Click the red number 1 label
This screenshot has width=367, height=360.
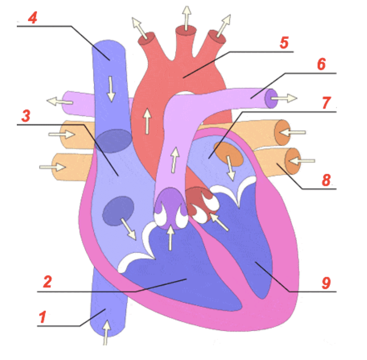coord(42,317)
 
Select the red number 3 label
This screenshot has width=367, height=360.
coord(26,115)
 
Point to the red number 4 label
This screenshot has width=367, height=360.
coord(33,18)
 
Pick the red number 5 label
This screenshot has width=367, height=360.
coord(284,42)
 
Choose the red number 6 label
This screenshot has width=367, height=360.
coord(321,64)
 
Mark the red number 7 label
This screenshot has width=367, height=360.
coord(327,103)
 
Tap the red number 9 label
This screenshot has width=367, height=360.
coord(326,283)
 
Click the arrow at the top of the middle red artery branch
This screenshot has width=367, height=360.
coord(187,18)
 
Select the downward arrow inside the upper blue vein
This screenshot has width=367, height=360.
coord(111,89)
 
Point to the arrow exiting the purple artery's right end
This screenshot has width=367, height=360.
coord(284,98)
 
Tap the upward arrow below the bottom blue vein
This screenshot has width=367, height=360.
coord(107,333)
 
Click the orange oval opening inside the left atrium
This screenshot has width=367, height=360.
coord(229,154)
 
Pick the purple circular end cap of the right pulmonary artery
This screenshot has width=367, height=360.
coord(271,99)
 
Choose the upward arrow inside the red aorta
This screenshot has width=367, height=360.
coord(147,121)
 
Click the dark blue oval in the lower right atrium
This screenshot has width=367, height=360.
coord(118,211)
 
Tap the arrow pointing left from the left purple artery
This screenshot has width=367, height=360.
coord(60,101)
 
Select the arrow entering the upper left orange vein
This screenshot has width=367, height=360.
coord(62,134)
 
